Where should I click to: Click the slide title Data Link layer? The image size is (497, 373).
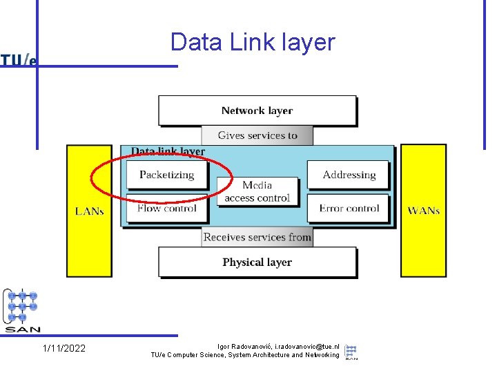tap(253, 43)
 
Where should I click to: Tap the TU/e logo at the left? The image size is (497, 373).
tap(19, 61)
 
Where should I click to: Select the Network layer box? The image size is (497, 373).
tap(257, 111)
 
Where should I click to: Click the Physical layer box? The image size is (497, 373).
tap(257, 262)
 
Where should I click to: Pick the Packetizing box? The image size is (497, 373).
tap(166, 175)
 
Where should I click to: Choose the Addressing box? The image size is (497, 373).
tap(349, 175)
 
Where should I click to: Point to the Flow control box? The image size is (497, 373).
tap(166, 208)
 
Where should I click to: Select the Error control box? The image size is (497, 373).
tap(349, 208)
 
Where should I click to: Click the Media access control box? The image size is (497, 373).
tap(257, 191)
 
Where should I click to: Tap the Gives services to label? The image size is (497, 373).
tap(257, 135)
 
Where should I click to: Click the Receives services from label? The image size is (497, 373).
tap(257, 237)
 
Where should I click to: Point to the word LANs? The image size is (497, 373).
tap(89, 211)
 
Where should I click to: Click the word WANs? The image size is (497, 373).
tap(423, 211)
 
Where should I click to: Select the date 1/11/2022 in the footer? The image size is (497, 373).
tap(64, 348)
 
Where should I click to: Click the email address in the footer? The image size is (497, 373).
tap(307, 346)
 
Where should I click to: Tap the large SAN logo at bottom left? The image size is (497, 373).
tap(22, 311)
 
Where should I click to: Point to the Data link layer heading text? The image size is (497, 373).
tap(168, 151)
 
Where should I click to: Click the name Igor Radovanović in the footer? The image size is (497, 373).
tap(244, 346)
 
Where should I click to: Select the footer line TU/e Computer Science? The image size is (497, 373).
tap(245, 355)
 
